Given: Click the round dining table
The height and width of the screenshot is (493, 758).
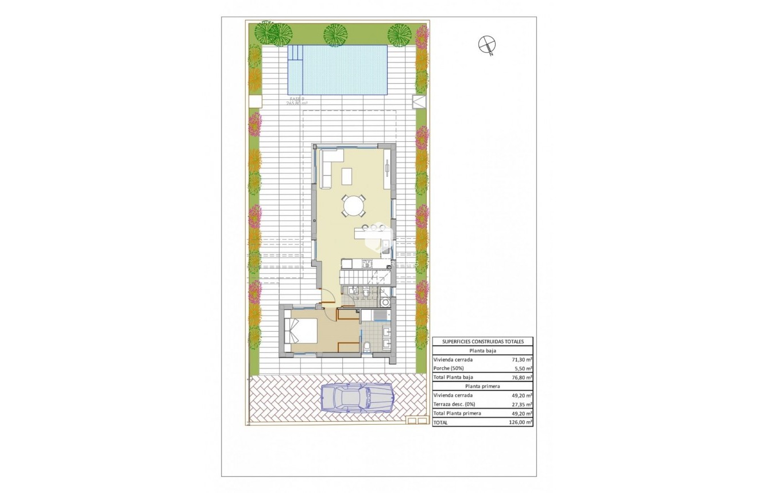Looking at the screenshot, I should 353,205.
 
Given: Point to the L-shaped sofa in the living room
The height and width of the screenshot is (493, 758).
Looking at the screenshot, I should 327,166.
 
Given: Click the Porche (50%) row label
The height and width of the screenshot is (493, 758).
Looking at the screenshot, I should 448,368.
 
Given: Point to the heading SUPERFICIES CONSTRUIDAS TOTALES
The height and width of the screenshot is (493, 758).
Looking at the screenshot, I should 482,341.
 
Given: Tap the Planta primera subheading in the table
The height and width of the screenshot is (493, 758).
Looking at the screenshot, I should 482,386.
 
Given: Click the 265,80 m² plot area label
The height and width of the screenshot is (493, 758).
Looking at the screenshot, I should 297,103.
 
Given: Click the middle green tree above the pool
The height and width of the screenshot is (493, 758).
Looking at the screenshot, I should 334,34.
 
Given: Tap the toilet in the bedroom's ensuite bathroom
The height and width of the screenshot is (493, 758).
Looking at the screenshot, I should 367,345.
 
